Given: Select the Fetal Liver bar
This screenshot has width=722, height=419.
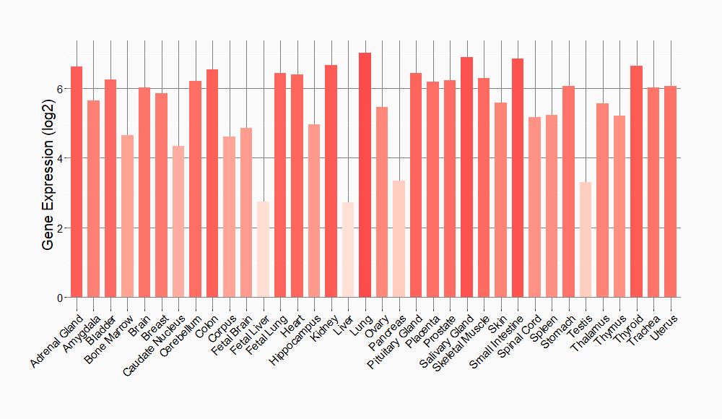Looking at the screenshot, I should coord(263,249).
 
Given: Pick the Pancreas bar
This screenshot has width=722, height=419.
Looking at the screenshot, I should coord(399,238).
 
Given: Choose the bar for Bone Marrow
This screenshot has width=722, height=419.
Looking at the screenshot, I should coord(127,216).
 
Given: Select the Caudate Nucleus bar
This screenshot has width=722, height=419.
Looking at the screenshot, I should coord(178,221).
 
